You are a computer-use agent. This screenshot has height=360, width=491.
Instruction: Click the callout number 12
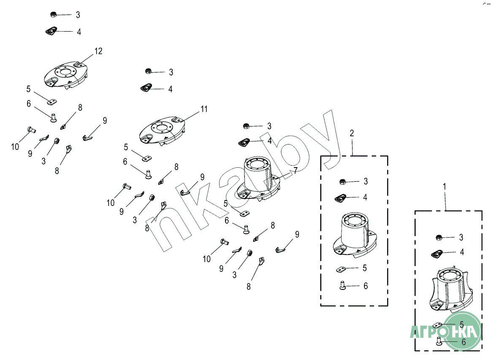point(98,51)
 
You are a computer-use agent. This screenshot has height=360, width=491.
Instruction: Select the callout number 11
point(204,109)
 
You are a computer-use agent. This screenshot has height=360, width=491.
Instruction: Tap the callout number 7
point(296,170)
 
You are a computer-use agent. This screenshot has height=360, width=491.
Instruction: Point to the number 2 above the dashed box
point(352,133)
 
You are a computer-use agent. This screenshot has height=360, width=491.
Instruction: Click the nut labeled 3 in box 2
point(343,182)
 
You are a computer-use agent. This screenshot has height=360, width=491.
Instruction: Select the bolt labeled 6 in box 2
point(342,286)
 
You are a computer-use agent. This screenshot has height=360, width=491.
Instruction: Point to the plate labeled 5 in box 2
point(342,268)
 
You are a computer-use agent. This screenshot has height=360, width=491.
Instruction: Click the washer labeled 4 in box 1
point(437,253)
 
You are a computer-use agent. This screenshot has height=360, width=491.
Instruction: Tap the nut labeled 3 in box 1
point(439,237)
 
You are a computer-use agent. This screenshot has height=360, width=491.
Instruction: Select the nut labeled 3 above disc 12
point(54,14)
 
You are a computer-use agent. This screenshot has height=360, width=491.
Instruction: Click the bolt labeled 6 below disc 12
point(54,117)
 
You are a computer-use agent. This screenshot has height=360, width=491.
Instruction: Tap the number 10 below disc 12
point(15,147)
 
